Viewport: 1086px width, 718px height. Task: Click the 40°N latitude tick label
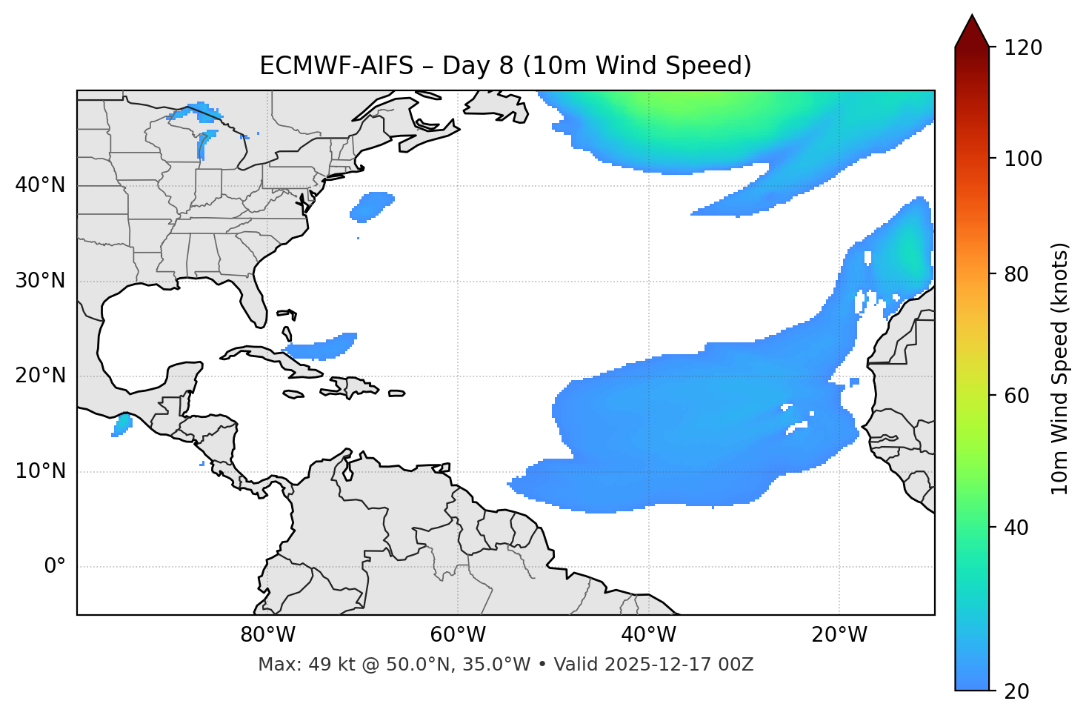40,185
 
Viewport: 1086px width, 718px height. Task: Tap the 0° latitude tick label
55,567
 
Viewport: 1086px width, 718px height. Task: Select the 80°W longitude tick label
267,635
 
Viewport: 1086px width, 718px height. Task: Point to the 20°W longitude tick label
839,635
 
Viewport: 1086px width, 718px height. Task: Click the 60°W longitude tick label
458,635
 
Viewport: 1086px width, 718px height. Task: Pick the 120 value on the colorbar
1024,48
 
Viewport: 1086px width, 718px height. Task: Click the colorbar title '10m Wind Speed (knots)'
1060,369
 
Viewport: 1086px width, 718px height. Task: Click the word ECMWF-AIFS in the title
336,66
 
